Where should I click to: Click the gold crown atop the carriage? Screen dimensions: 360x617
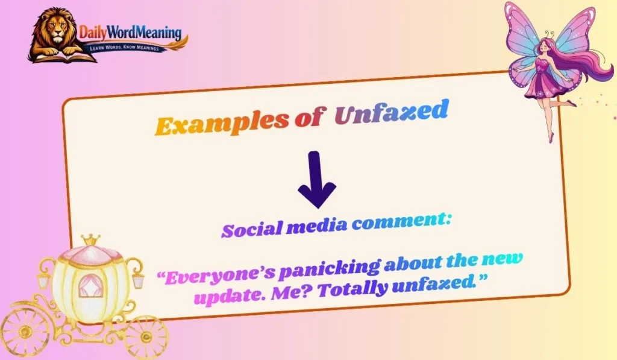click(x=91, y=241)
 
